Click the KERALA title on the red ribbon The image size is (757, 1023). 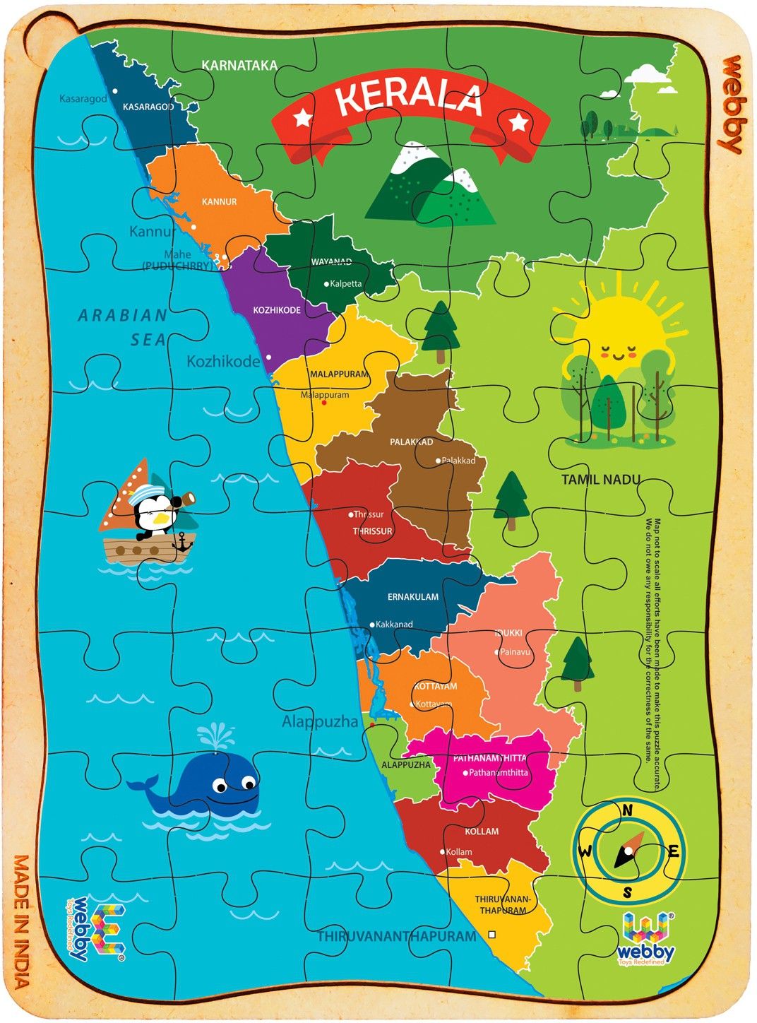409,99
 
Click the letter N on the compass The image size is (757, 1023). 626,810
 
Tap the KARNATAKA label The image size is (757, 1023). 239,65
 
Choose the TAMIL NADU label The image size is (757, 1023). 601,480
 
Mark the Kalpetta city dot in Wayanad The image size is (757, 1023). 326,284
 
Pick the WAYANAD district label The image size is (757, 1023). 331,262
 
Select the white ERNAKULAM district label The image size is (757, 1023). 413,597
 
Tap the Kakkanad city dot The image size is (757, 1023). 373,625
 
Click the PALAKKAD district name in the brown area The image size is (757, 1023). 411,442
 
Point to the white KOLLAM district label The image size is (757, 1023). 482,832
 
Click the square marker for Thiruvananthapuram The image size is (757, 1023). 492,935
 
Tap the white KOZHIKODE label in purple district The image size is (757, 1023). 277,310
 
